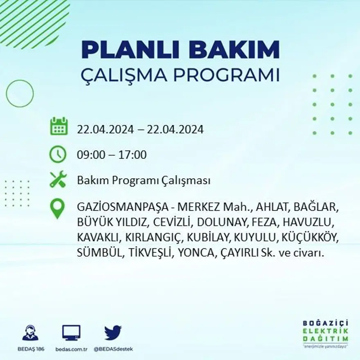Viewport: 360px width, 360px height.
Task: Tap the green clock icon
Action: (x=58, y=154)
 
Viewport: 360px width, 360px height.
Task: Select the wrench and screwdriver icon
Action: (x=58, y=179)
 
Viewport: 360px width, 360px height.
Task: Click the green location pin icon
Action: (x=57, y=208)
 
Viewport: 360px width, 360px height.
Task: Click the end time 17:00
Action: (x=133, y=155)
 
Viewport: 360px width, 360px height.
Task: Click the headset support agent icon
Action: (x=30, y=333)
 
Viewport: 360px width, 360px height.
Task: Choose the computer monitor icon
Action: (x=71, y=333)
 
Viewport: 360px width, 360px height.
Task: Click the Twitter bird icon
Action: (x=113, y=333)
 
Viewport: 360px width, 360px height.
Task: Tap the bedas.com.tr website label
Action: (x=71, y=349)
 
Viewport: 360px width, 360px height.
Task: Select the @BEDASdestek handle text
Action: (x=113, y=349)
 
